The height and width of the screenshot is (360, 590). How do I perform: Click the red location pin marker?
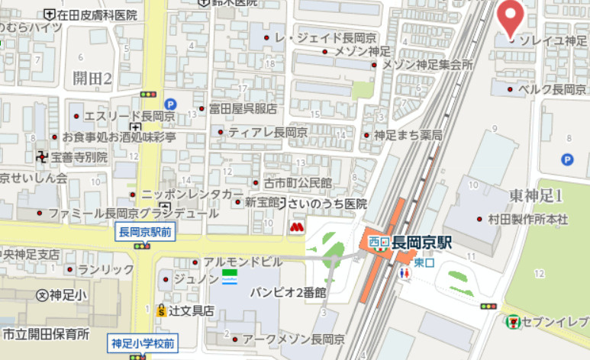[511, 17]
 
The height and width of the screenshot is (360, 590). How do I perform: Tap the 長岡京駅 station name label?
[423, 243]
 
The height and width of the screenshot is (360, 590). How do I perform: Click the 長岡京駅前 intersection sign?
[144, 233]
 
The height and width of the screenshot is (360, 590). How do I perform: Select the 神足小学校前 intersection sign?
[143, 343]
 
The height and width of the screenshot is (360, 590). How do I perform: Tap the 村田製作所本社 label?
[528, 219]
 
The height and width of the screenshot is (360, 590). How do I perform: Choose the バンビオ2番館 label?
[289, 291]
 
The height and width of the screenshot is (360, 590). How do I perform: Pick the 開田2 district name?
[92, 78]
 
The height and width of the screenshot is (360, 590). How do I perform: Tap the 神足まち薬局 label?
[408, 135]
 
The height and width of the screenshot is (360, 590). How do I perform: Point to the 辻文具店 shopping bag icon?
[161, 310]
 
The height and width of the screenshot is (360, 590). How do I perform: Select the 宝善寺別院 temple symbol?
[41, 156]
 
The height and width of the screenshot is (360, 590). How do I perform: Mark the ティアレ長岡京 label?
[267, 132]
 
